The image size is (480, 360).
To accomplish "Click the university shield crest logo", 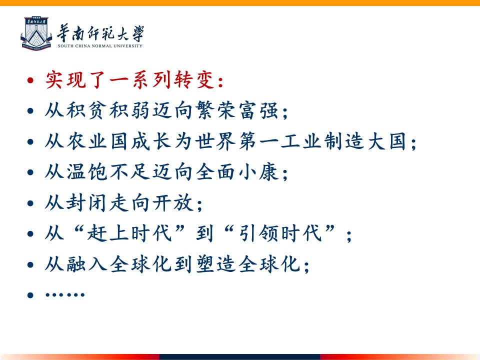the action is [36, 33].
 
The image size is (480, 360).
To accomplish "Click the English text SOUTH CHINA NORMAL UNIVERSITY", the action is [100, 46].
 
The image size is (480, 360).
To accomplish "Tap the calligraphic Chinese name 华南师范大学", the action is [100, 33].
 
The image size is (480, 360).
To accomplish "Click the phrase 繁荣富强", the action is [237, 110].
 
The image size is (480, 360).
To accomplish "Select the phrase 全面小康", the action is [237, 172].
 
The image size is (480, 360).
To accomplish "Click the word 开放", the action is [172, 203].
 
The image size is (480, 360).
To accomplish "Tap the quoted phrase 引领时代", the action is [280, 233].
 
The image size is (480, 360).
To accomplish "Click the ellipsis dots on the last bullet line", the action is [64, 295].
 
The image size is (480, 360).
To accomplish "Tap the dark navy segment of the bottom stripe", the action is [239, 357].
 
